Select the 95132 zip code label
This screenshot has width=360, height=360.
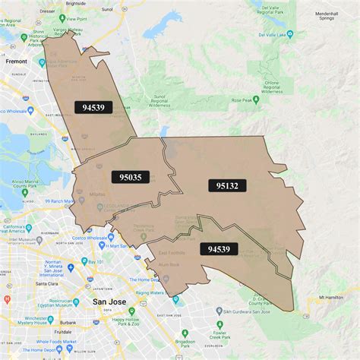pos(228,185)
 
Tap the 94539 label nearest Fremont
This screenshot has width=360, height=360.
pos(93,107)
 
